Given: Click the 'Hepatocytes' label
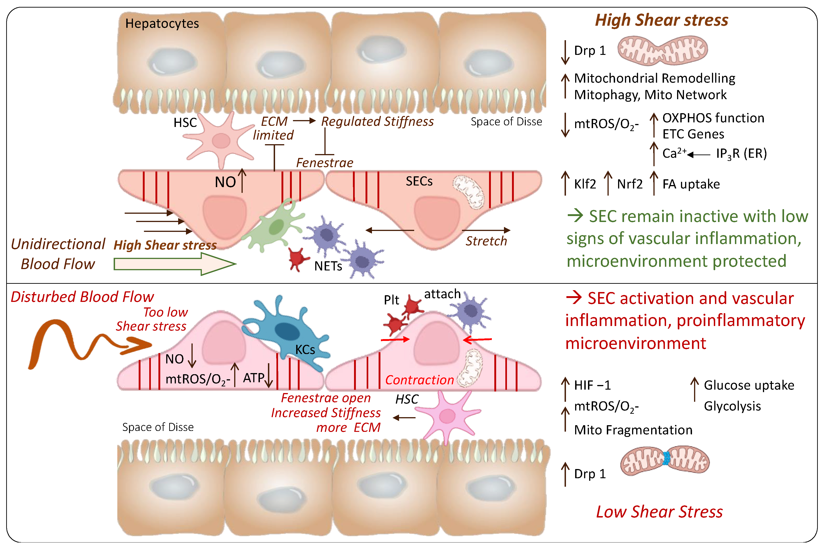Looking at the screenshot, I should [x=162, y=24].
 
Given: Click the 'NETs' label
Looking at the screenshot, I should [x=328, y=266].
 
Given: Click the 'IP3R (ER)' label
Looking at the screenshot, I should [x=741, y=154].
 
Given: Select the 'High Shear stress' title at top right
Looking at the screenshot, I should [x=661, y=20].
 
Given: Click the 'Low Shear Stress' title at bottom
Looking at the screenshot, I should [x=659, y=512].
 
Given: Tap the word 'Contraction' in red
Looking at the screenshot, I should [x=419, y=380].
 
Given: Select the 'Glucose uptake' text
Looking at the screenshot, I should [x=749, y=385].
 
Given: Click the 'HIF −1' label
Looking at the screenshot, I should [x=592, y=385].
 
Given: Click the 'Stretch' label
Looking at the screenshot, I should [x=486, y=241].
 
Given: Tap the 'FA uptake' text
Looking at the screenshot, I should [x=691, y=184].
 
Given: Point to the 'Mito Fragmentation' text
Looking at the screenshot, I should [x=633, y=430].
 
